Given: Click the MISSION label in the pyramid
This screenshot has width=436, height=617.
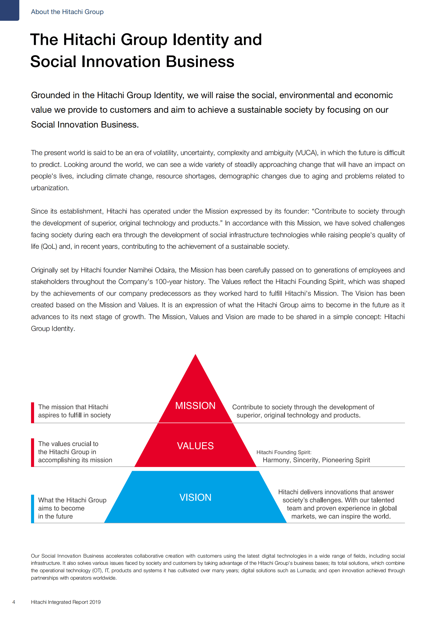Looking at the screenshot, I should click(x=195, y=406).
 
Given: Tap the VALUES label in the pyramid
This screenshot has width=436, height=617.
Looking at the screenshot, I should click(x=195, y=446).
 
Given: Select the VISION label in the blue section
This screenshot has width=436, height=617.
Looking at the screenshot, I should click(x=195, y=497).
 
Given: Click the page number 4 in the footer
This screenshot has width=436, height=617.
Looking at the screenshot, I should click(x=14, y=602).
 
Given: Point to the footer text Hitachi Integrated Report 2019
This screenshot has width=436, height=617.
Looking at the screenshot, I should click(x=66, y=602).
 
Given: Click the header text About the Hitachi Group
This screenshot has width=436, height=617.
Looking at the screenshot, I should click(x=67, y=12).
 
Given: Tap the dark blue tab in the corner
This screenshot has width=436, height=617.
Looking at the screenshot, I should click(x=9, y=10).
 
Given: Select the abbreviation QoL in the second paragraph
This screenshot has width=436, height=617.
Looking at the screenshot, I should click(x=49, y=247).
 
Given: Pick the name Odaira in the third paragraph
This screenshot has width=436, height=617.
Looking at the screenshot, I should click(x=165, y=270).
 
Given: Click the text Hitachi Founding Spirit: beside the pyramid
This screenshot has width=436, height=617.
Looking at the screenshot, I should click(x=284, y=452).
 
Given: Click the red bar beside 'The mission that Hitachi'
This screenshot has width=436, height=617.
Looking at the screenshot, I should click(x=32, y=413).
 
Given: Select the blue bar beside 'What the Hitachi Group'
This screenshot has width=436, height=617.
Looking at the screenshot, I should click(x=32, y=509).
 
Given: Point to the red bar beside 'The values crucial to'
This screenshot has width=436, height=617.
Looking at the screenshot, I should click(x=32, y=452).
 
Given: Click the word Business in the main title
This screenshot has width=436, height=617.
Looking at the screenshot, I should click(x=200, y=62).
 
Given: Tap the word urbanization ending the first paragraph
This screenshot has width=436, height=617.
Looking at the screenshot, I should click(x=49, y=188).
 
